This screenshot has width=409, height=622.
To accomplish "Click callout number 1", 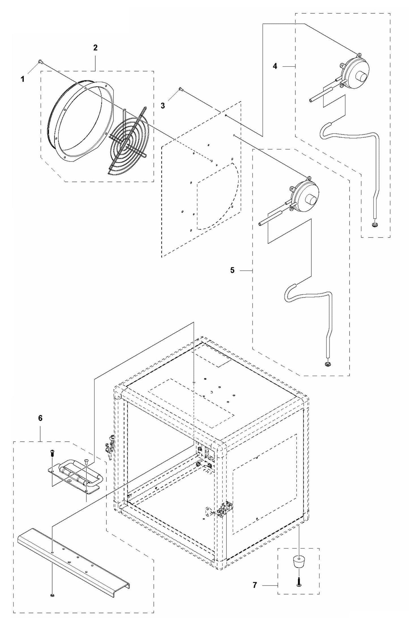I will coord(23,79).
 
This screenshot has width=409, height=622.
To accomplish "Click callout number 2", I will coord(95,48).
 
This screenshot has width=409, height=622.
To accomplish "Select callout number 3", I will coord(162,106).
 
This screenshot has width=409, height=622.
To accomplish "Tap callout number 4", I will coord(275,66).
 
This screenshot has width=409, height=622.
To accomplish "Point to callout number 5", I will coord(232,270).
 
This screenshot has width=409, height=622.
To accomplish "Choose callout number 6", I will coord(40,418).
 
